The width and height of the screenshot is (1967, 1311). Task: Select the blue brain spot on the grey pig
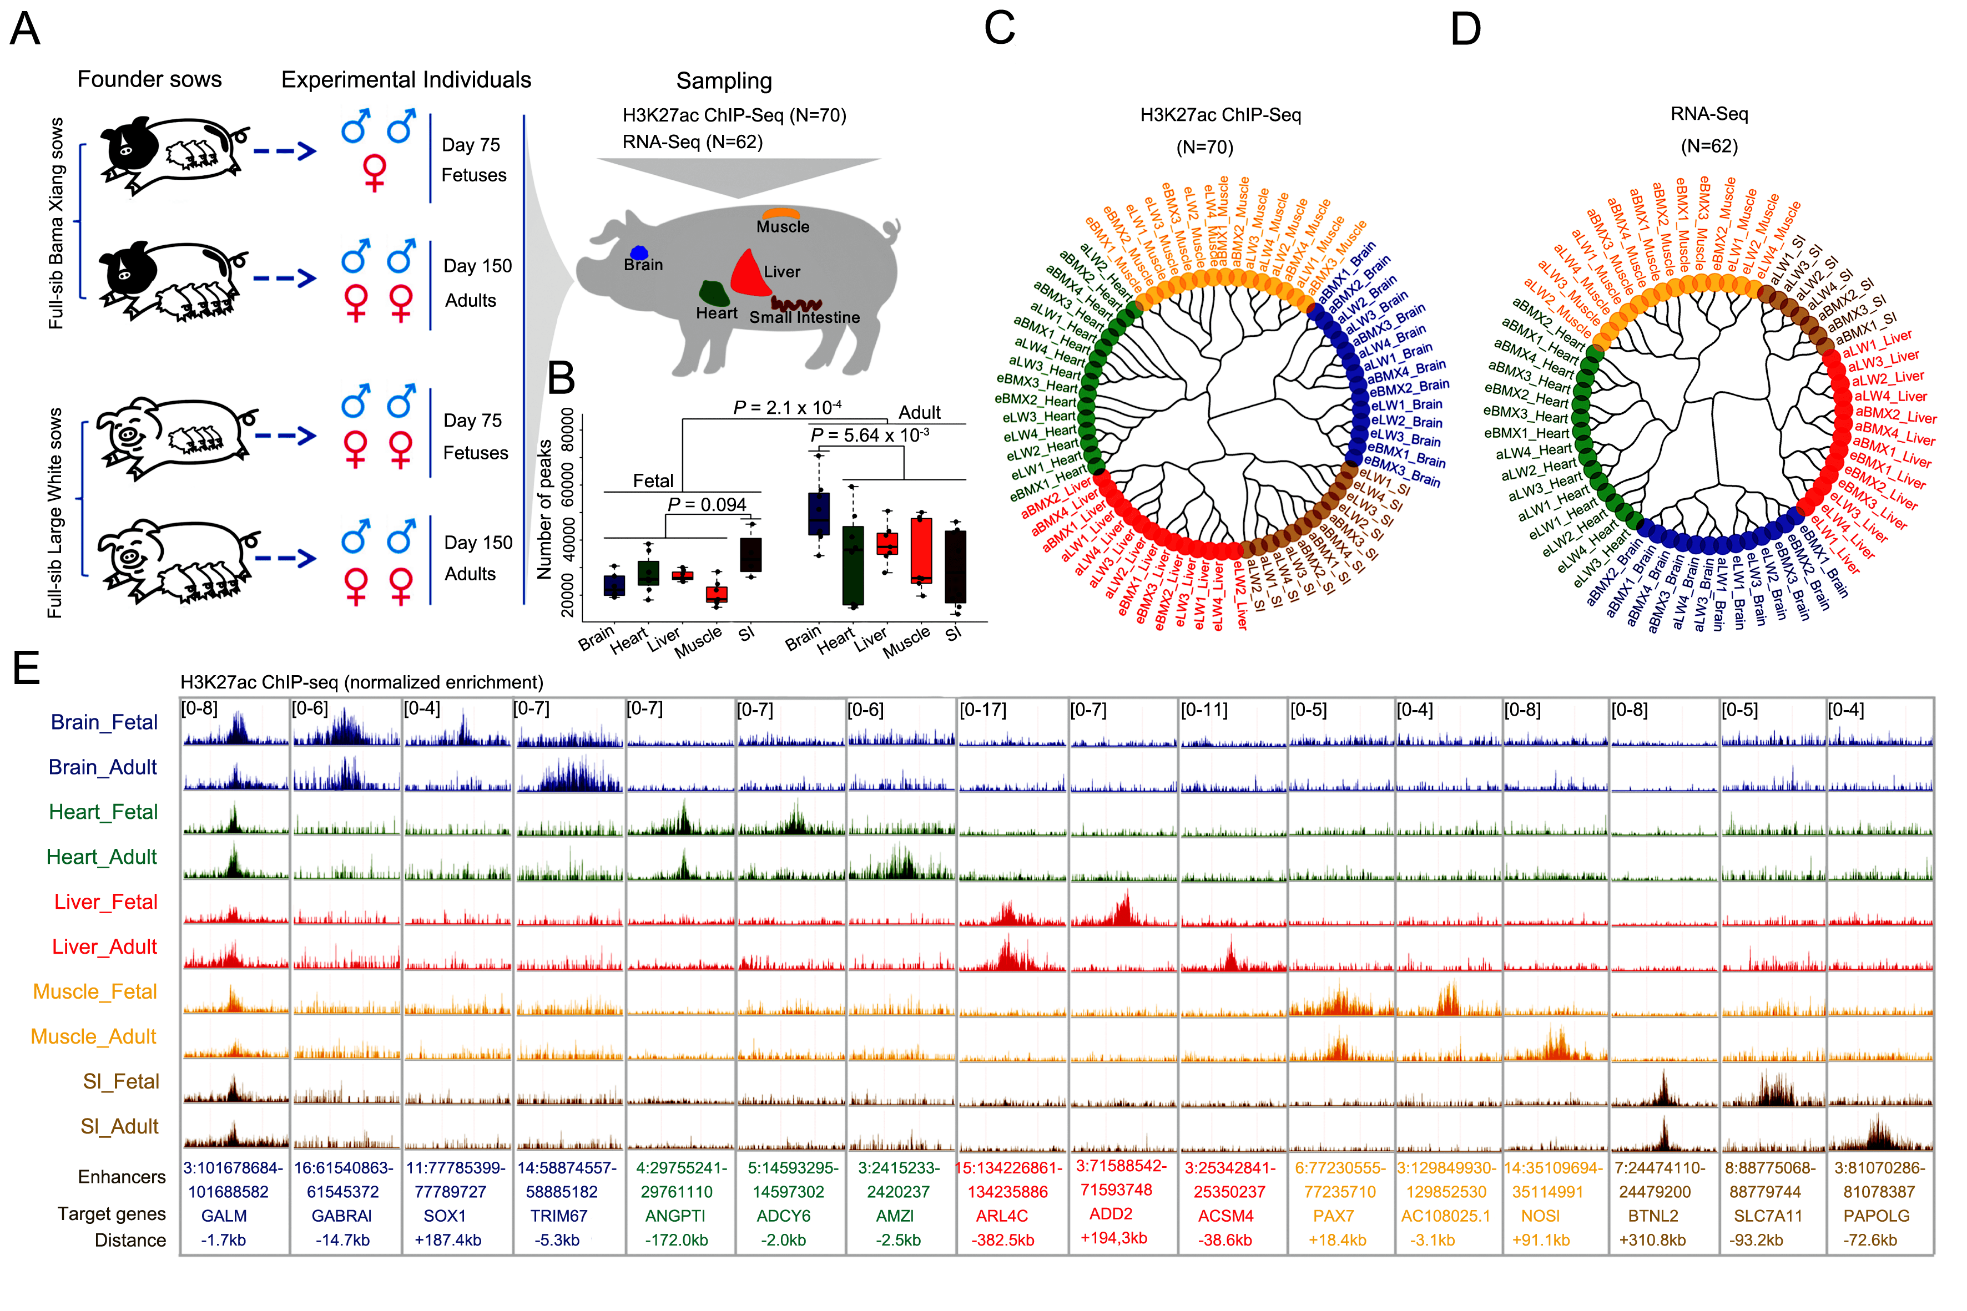[639, 252]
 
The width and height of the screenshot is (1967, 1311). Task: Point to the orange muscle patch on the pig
[780, 214]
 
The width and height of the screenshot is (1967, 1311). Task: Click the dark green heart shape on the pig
[714, 292]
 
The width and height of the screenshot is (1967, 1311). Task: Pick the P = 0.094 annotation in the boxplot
[707, 505]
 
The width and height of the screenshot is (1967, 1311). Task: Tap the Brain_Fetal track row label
[104, 722]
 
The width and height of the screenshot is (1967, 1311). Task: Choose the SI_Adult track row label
[119, 1127]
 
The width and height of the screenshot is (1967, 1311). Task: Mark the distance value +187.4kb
[447, 1240]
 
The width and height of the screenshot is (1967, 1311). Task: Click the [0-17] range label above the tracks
[982, 710]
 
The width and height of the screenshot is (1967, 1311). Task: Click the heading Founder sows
[150, 79]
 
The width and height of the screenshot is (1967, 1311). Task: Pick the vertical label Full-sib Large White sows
[55, 513]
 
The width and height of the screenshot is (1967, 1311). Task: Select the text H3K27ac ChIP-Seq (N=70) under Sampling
[734, 115]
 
